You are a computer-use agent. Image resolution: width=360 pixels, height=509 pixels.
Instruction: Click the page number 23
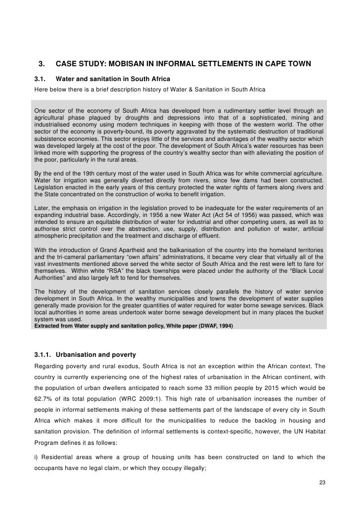[x=321, y=481]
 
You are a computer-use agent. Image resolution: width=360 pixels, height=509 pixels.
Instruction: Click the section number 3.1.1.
[x=44, y=355]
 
